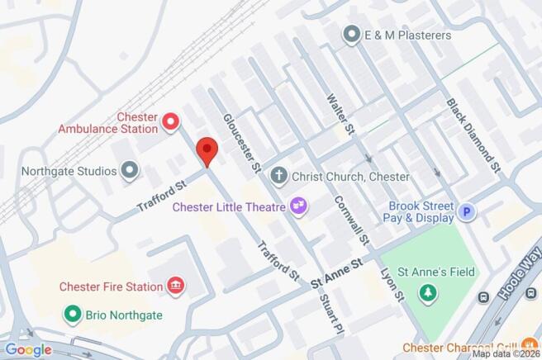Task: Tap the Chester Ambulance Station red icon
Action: point(171,123)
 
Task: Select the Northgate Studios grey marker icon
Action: point(130,171)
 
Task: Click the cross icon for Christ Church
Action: point(278,176)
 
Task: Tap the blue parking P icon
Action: point(468,212)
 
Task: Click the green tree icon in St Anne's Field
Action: point(428,291)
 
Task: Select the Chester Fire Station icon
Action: point(175,287)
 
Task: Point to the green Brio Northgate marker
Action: point(74,315)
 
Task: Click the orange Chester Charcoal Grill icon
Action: point(529,347)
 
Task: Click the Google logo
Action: point(28,350)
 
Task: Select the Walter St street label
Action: point(341,114)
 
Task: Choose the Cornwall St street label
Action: point(351,220)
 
